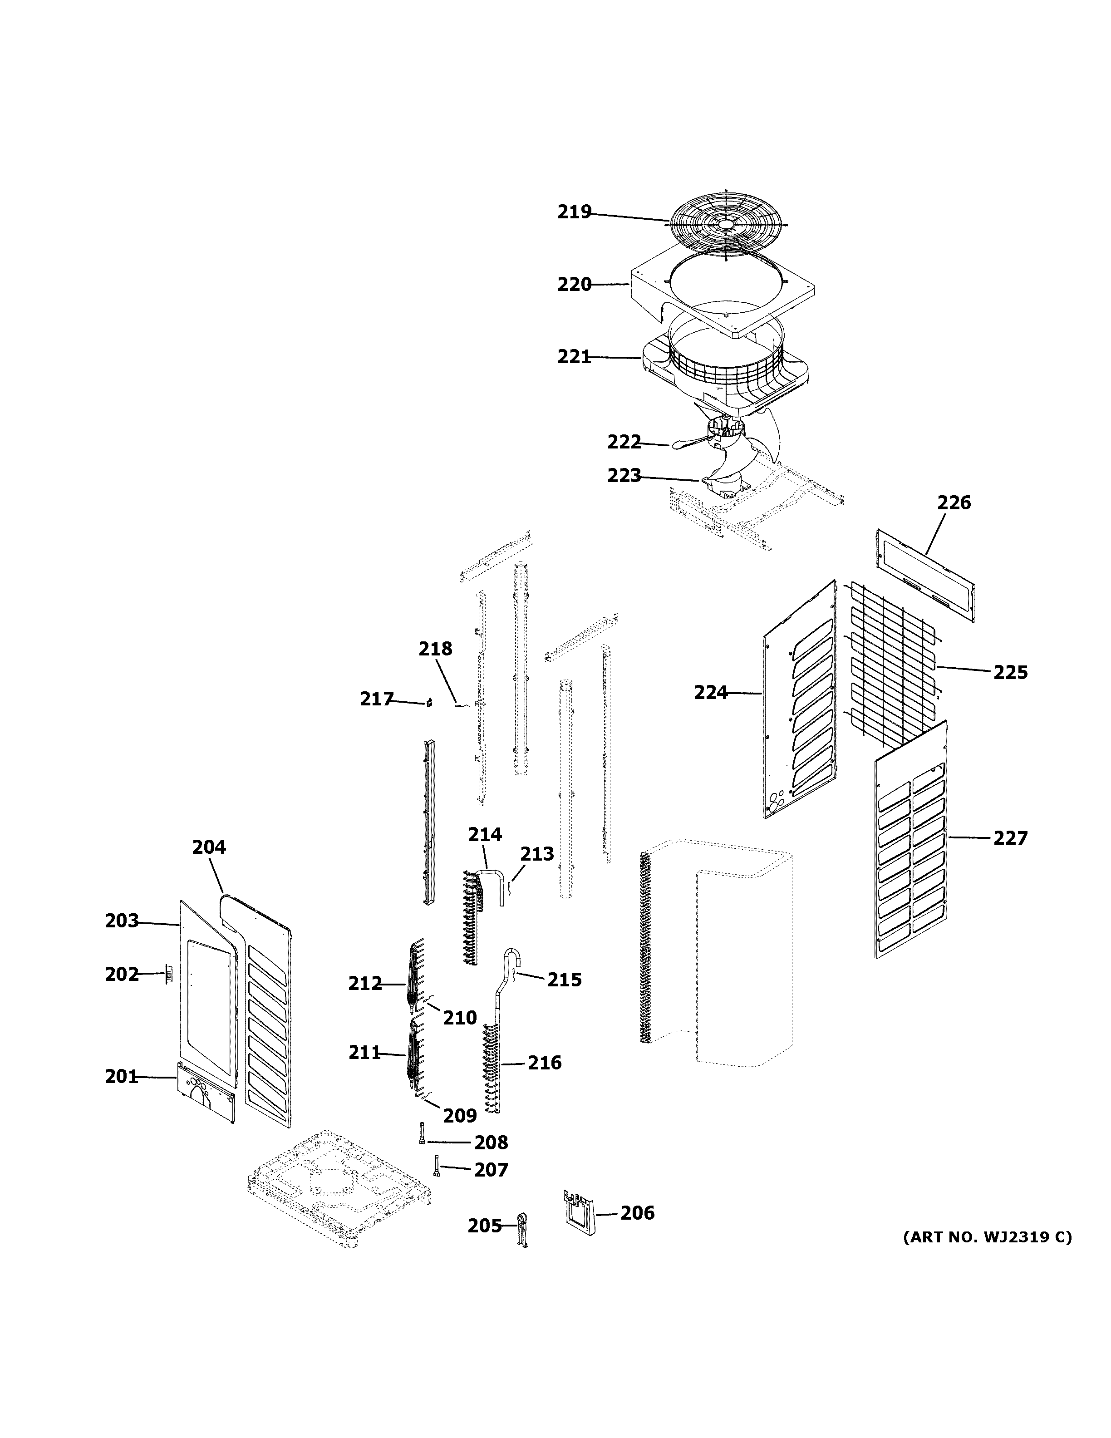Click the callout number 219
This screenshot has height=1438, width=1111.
pos(574,212)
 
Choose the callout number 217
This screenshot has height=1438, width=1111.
pos(376,699)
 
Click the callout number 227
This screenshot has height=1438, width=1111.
pos(1010,838)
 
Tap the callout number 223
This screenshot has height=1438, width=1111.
pos(623,475)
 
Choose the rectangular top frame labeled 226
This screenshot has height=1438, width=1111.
pos(925,573)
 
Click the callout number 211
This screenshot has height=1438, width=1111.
pos(364,1053)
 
